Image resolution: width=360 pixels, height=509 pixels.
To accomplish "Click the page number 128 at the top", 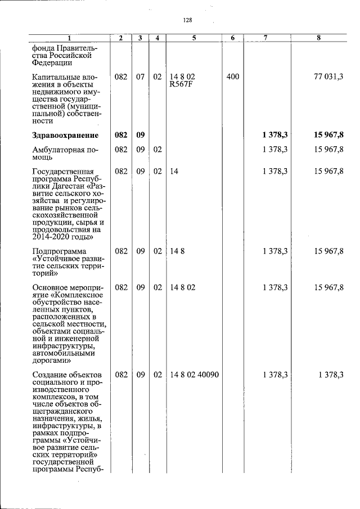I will pos(187,20).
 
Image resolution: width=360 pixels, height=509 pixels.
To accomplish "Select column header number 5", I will pos(193,38).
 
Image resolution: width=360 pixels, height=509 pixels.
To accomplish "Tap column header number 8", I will pos(318,38).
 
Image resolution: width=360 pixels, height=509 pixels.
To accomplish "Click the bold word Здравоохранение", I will pos(65,135).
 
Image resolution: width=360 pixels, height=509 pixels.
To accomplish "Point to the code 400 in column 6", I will pos(232,76).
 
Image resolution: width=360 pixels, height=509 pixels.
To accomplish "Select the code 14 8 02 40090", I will pos(194,374).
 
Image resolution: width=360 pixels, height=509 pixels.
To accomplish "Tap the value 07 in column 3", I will pos(140,76).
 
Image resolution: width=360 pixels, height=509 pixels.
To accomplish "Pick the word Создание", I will pos(52,374).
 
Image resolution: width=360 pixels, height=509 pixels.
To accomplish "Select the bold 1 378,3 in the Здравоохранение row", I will pos(274,135).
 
